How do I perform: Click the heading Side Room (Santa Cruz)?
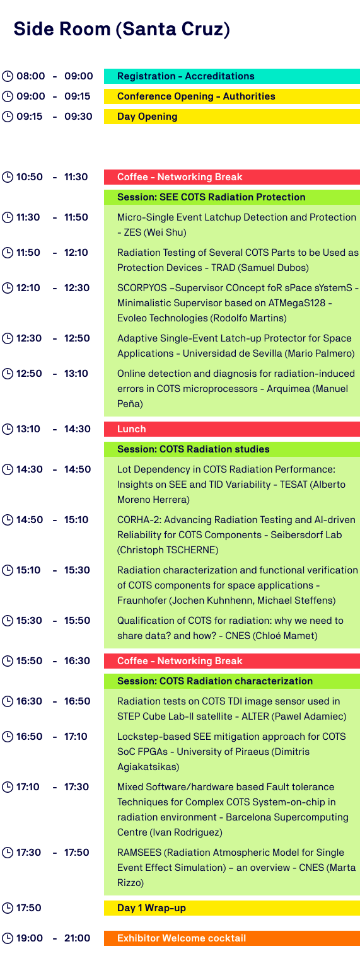tap(122, 29)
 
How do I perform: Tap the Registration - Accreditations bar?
tap(232, 76)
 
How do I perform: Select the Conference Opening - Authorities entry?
tap(232, 96)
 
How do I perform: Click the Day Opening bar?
tap(232, 116)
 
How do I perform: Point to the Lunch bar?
tap(232, 429)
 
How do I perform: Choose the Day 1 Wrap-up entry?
tap(232, 908)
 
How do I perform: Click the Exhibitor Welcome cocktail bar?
tap(232, 938)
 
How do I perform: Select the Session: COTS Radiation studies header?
tap(232, 449)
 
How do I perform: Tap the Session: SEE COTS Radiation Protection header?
tap(232, 197)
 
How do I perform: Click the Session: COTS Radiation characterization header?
tap(232, 681)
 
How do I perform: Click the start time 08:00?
tap(31, 76)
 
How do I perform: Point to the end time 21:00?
tap(78, 938)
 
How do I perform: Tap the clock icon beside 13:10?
tap(8, 429)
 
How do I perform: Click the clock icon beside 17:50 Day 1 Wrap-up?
tap(8, 908)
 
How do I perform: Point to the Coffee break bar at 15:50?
tap(232, 660)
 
